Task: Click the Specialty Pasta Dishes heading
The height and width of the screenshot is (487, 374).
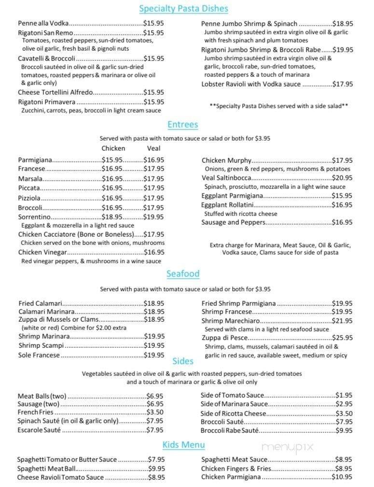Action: point(183,9)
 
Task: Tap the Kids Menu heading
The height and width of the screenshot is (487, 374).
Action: point(183,444)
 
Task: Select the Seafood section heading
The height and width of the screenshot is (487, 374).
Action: point(183,274)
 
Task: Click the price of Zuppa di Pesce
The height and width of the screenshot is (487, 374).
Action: point(343,338)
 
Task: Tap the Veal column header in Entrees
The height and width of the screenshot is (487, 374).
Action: point(153,148)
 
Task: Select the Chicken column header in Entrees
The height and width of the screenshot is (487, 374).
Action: point(113,148)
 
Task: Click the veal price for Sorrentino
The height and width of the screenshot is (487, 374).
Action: point(154,217)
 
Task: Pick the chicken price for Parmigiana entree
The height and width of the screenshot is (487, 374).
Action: point(112,160)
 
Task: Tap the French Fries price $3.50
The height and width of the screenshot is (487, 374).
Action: point(155,412)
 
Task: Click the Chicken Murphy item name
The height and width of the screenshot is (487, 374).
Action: point(226,160)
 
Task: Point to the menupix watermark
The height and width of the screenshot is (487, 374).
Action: point(288,447)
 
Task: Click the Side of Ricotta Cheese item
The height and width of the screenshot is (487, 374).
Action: point(233,414)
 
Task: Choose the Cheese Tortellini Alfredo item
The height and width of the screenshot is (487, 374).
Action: point(55,92)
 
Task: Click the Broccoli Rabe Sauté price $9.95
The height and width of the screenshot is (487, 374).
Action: point(344,430)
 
